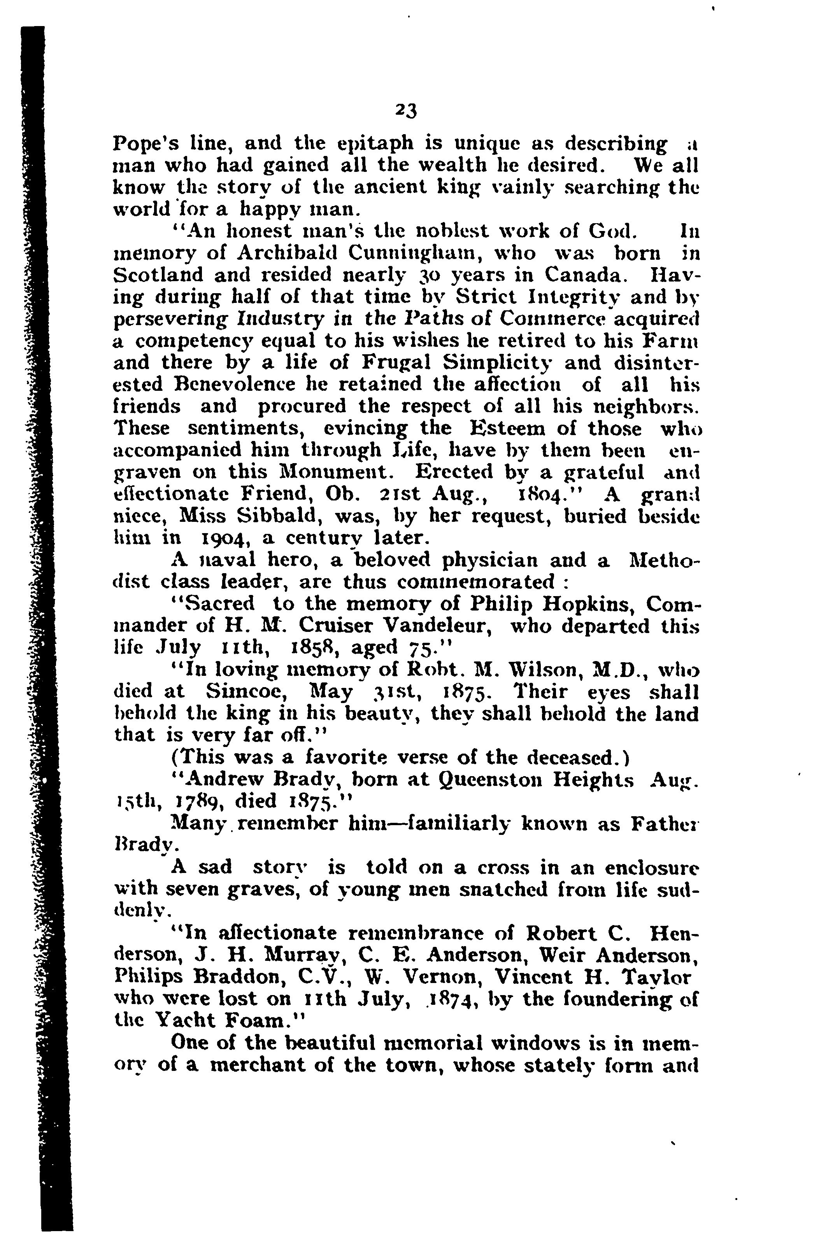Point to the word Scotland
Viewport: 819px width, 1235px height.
coord(159,275)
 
